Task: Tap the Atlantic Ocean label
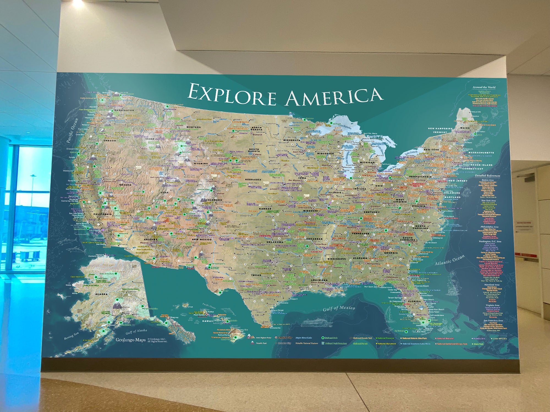coord(449,260)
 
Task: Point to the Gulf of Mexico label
coord(339,308)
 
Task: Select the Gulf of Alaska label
coord(136,332)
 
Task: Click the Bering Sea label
coord(71,335)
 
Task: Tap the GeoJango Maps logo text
coord(130,340)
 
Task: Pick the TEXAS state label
coord(256,275)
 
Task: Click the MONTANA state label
coord(194,127)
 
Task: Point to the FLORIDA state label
coord(414,301)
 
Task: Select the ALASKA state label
coord(101,294)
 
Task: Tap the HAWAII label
coord(208,321)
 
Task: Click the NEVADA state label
coord(125,185)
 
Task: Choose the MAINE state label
coord(465,128)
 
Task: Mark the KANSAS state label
coord(265,209)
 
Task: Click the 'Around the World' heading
coord(484,87)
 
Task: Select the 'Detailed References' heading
coord(487,176)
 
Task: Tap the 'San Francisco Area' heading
coord(493,321)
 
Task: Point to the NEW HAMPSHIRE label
coord(440,128)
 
